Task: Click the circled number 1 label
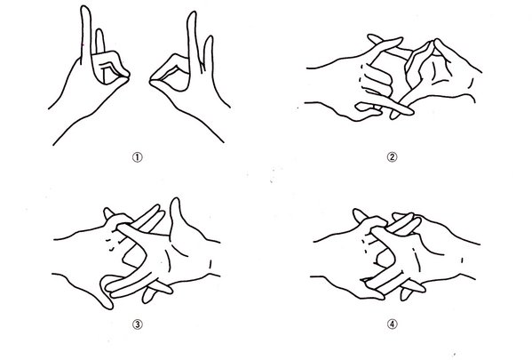coord(137,157)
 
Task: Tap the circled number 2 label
coord(392,157)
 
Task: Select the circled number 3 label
coord(137,324)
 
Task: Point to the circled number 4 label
coord(392,324)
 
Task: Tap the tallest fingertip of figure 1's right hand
coord(193,13)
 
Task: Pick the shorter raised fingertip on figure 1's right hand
coord(210,37)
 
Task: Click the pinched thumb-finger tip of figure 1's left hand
coord(127,76)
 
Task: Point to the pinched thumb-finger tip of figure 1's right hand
coord(152,80)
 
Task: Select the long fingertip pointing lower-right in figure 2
coord(411,112)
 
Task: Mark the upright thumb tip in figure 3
coord(176,200)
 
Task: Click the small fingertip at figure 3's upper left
coord(107,211)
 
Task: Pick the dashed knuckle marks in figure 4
coord(365,245)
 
